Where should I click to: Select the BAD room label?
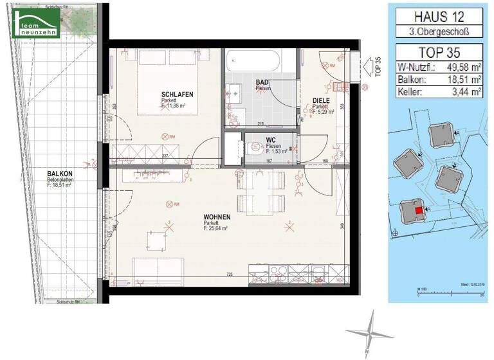pos(262,82)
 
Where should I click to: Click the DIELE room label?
pos(322,100)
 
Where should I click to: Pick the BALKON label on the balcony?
pos(59,174)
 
